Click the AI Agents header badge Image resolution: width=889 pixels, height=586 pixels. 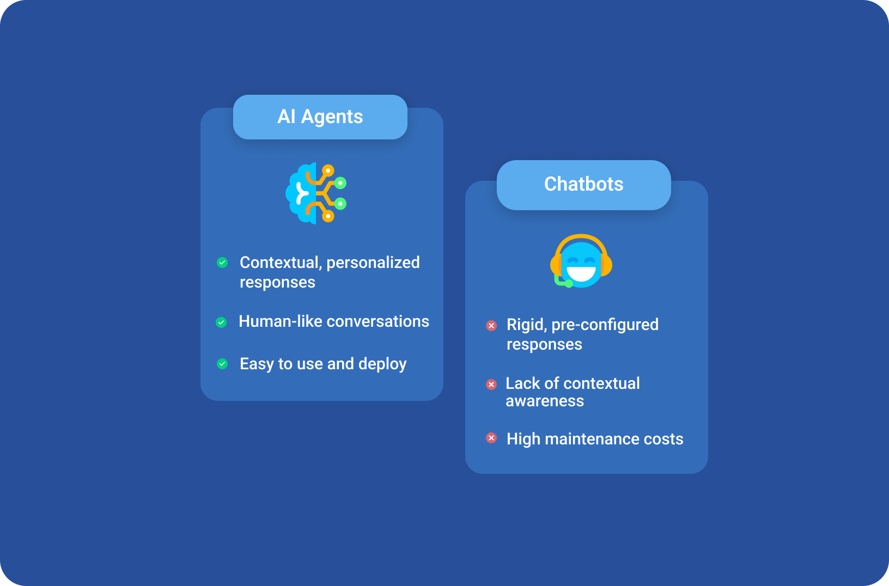[x=320, y=117]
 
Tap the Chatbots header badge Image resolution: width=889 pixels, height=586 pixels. [x=584, y=185]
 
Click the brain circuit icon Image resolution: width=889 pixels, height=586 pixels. [x=316, y=193]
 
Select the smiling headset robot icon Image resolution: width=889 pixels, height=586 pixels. [x=581, y=261]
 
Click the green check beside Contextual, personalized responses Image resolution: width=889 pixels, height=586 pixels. [x=222, y=263]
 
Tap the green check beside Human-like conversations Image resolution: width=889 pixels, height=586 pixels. [x=221, y=322]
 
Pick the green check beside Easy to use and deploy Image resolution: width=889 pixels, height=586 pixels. [x=222, y=364]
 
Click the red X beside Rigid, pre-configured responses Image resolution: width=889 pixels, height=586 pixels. [x=491, y=326]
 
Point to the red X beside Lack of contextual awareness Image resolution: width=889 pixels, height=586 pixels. [x=491, y=384]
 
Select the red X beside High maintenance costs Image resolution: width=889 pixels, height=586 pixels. [x=491, y=438]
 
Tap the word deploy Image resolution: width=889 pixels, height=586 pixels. [x=382, y=364]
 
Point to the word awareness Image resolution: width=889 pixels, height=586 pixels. [x=545, y=401]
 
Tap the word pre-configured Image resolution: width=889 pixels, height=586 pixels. [x=605, y=325]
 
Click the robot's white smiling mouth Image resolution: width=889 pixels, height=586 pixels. [x=581, y=274]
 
